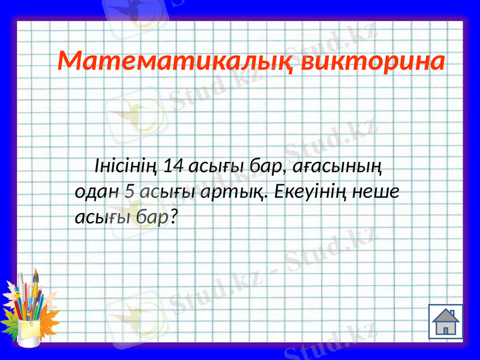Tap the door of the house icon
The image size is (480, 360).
tap(445, 329)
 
